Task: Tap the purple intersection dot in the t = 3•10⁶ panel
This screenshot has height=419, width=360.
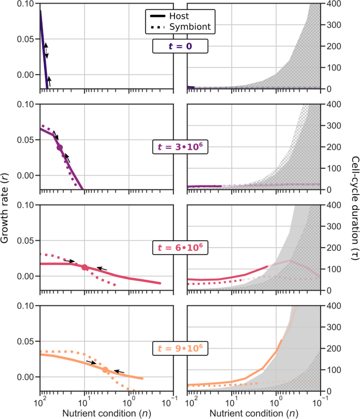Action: (60, 148)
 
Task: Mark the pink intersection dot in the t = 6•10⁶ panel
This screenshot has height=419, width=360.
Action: (85, 268)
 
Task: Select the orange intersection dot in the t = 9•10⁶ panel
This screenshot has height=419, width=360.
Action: (105, 370)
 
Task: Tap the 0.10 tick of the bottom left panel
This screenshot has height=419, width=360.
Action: (28, 306)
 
